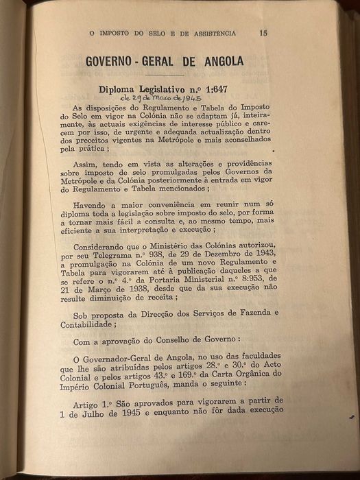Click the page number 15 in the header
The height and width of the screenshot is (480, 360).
click(263, 32)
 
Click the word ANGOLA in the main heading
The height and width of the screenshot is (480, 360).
click(219, 61)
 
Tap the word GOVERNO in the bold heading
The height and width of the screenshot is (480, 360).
click(109, 61)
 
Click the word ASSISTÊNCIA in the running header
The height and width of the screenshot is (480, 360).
click(213, 32)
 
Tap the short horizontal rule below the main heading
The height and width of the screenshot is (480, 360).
click(163, 75)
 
